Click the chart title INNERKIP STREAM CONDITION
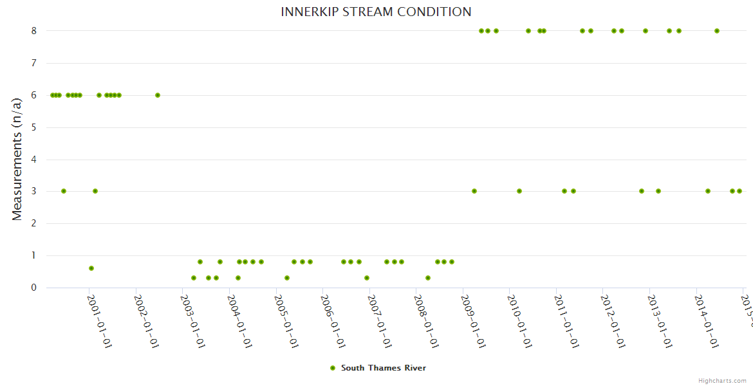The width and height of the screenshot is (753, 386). pos(376,12)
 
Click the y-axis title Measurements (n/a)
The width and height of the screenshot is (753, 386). pos(17,160)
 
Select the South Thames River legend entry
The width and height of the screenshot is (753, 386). pos(378,368)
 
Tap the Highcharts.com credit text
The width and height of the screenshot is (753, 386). pos(722,381)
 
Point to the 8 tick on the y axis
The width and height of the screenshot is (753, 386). pos(34,31)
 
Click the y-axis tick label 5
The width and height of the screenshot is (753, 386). pos(34,127)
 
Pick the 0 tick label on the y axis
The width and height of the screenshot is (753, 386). pos(34,288)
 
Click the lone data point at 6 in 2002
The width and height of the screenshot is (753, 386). pos(158,95)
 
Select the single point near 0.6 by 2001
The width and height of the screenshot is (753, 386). pos(91,268)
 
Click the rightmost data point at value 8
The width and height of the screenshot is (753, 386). pos(717,31)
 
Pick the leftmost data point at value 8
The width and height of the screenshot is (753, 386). pos(481,31)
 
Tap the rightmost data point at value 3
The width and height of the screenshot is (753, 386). pos(739,191)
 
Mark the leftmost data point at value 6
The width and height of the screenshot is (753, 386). pos(52,95)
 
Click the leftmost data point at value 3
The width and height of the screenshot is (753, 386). pos(63,191)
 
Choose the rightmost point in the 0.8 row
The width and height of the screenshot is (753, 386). pos(452,262)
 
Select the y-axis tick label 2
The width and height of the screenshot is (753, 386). pos(34,223)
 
